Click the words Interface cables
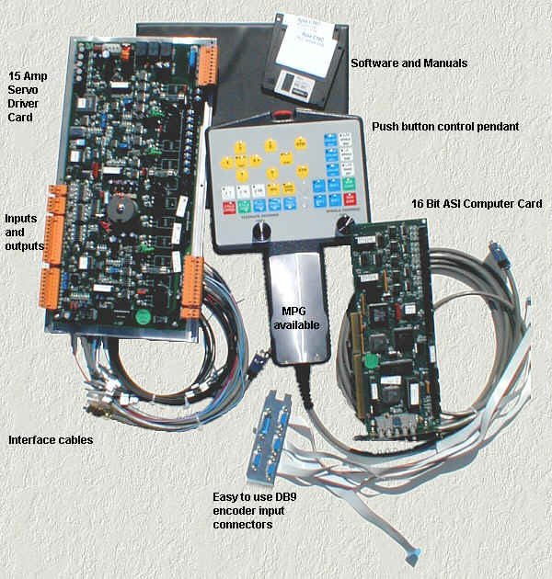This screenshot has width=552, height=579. tap(50, 440)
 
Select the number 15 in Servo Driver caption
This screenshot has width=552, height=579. tap(16, 74)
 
